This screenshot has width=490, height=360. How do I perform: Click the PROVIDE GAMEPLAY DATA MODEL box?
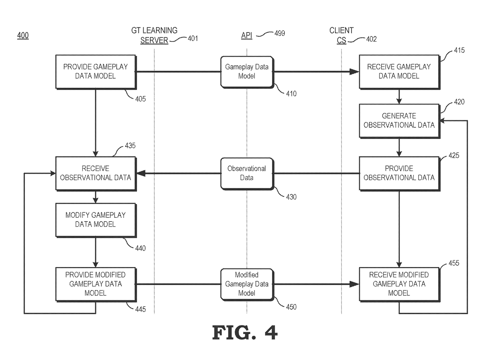point(95,71)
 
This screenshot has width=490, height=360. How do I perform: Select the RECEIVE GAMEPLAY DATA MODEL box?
point(399,71)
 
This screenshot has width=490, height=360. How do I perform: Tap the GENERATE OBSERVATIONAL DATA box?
point(399,120)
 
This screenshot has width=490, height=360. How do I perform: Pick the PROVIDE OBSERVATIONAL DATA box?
point(399,173)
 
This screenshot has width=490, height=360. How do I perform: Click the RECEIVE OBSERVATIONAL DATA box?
point(95,173)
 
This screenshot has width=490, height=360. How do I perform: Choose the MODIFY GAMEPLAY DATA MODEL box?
point(95,220)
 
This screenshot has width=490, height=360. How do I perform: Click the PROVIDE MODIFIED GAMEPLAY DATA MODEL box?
point(95,284)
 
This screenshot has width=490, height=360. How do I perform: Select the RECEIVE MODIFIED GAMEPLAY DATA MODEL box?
point(399,284)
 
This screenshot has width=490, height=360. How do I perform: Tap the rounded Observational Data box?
point(247,173)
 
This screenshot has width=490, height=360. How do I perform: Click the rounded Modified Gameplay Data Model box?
point(247,284)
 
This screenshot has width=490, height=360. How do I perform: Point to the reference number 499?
point(280,33)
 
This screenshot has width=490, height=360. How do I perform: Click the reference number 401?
point(193,39)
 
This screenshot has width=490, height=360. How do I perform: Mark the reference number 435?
point(130,146)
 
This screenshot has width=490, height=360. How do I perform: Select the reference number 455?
point(454,263)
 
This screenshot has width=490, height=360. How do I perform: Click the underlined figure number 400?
point(23,35)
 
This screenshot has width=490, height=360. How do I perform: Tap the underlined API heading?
point(247,35)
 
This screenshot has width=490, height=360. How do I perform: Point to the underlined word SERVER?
point(154,40)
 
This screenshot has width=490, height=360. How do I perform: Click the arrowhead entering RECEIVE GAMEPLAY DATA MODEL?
point(354,72)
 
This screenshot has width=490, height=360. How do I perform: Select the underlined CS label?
point(341,41)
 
